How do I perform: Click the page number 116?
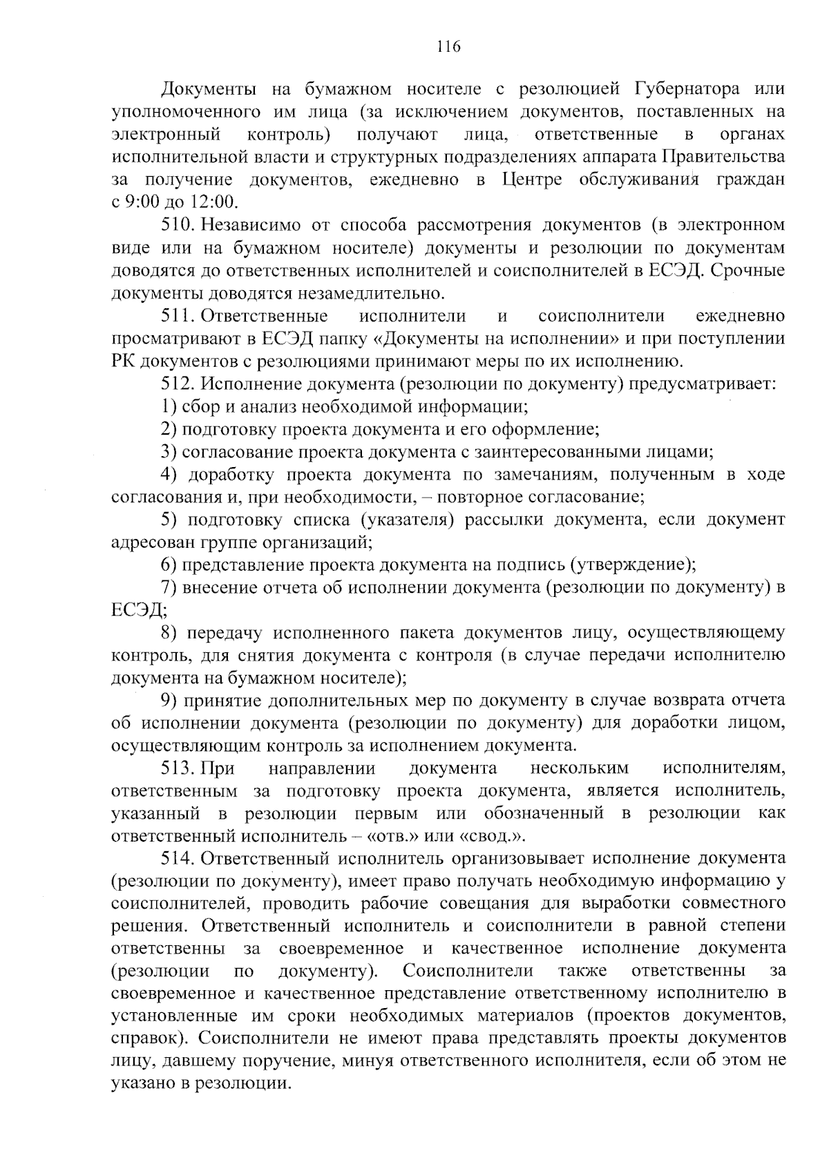[448, 47]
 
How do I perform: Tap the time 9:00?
[142, 202]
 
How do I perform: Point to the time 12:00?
[212, 202]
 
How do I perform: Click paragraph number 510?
[179, 225]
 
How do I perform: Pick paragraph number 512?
[179, 384]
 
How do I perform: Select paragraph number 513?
[179, 768]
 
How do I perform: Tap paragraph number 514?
[179, 859]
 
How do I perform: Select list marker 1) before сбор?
[169, 406]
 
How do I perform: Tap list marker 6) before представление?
[169, 565]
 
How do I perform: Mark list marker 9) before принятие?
[169, 701]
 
